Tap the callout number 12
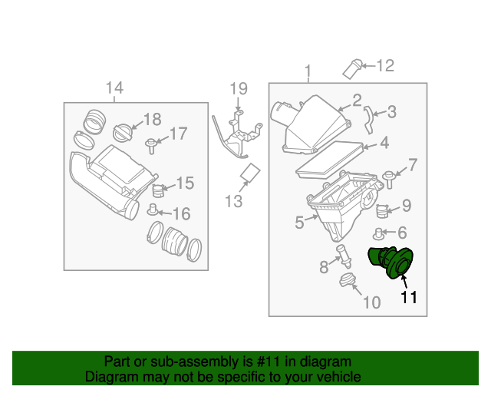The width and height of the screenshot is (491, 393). click(x=384, y=66)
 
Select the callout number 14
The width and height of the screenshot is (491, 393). click(x=114, y=88)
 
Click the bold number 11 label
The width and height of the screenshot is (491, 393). click(x=408, y=297)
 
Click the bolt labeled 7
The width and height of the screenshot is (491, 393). click(x=389, y=177)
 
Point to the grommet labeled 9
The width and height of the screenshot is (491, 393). click(x=384, y=207)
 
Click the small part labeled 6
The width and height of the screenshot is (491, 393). click(x=379, y=233)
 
